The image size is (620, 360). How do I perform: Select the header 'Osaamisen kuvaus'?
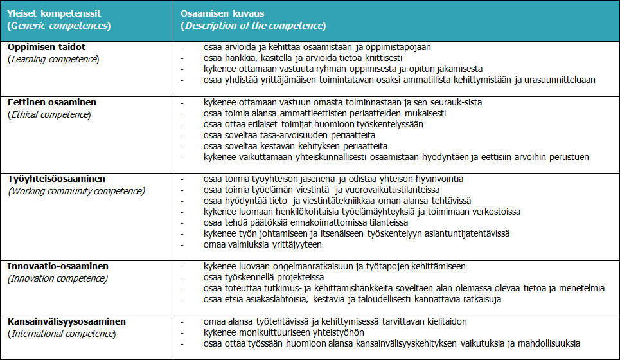point(222,14)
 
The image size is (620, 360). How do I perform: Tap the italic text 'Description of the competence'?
point(254,26)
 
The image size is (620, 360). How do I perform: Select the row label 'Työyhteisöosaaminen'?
point(56,179)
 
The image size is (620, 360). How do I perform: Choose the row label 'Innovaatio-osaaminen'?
point(58,266)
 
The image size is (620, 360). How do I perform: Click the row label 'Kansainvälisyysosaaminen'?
point(66,321)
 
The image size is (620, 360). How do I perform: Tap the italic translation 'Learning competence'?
point(53,59)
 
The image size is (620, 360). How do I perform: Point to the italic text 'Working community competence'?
point(76,191)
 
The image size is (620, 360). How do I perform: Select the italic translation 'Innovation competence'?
point(58,278)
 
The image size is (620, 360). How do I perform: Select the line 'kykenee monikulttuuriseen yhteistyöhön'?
point(283,332)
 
